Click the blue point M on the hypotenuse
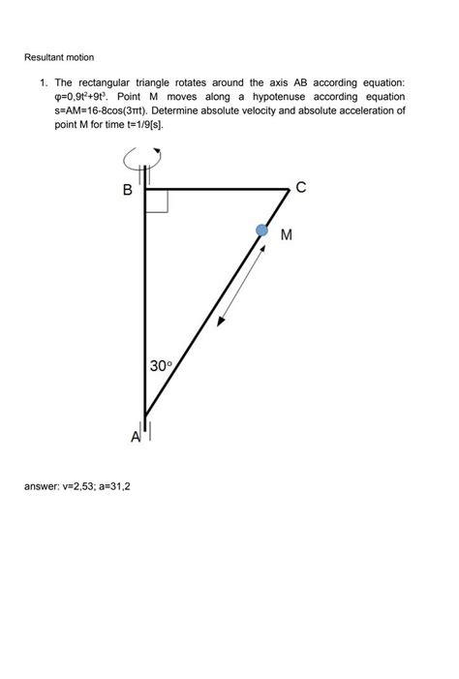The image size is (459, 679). coord(261,230)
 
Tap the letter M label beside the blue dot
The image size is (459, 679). coord(287,235)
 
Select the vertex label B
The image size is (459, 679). coord(128,191)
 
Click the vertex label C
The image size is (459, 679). coord(301,188)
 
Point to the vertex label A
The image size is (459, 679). coord(137,438)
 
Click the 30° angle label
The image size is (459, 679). coord(161,366)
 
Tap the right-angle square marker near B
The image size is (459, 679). coord(157,201)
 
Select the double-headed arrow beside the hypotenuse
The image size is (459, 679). coord(244,284)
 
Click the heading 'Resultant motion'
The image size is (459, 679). coord(59,59)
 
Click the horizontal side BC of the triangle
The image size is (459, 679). coord(218,189)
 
